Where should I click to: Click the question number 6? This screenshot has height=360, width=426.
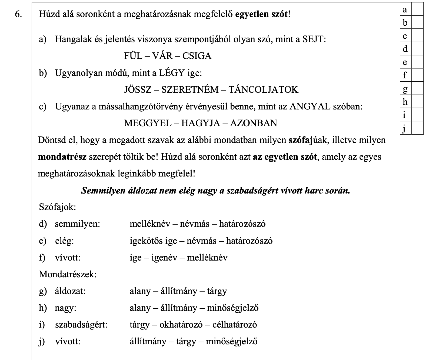click(19, 14)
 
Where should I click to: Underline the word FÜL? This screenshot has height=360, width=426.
click(133, 56)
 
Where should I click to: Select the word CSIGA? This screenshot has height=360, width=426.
click(197, 56)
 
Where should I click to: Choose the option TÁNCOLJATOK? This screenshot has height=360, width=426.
click(263, 89)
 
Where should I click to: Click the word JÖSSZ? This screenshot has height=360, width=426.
click(138, 89)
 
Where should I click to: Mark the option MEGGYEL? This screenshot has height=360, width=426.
click(148, 123)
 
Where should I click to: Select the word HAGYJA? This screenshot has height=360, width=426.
click(201, 123)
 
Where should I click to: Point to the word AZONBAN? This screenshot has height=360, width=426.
click(254, 123)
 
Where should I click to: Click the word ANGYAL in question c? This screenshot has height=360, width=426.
click(310, 106)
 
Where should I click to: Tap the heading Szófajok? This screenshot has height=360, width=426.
click(57, 207)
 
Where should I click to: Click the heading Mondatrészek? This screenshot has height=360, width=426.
click(68, 274)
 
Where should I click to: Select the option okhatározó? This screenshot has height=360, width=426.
click(181, 325)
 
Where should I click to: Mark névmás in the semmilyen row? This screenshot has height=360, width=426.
click(195, 224)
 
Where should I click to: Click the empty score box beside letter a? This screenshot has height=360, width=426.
click(417, 9)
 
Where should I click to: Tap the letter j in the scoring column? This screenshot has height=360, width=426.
click(405, 128)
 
